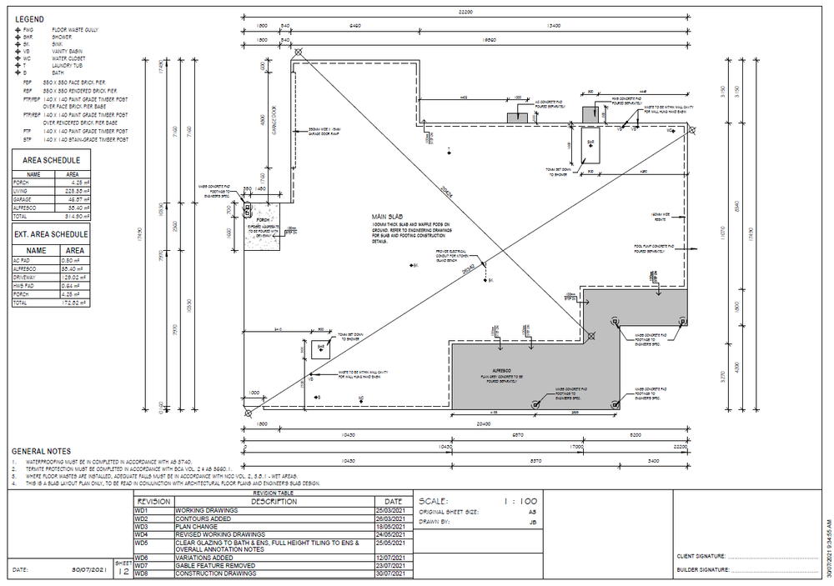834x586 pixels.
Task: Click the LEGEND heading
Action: click(x=30, y=18)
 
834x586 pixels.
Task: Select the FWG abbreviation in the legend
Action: click(x=28, y=30)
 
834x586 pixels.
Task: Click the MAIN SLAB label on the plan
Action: click(x=387, y=217)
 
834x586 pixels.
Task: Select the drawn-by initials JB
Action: click(x=531, y=522)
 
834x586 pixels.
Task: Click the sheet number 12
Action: click(x=123, y=572)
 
